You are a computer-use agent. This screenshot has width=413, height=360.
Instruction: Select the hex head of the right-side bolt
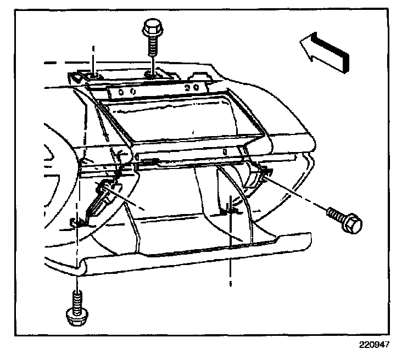pyautogui.click(x=352, y=223)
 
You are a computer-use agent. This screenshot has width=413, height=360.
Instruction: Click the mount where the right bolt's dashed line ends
pyautogui.click(x=264, y=173)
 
